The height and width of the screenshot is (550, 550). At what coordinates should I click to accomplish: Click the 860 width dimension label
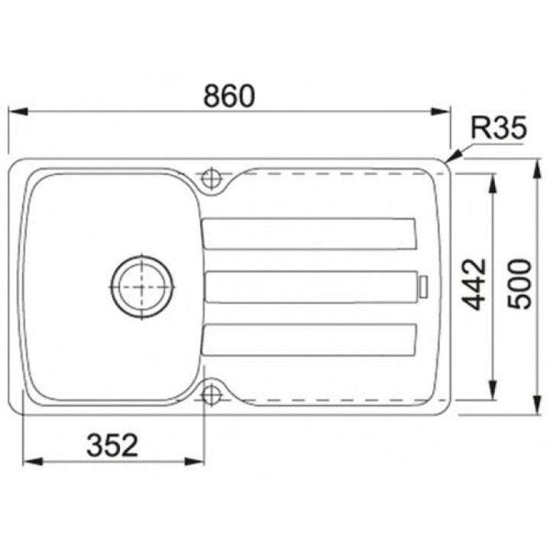[229, 95]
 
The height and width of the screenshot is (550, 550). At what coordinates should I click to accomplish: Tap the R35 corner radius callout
[498, 128]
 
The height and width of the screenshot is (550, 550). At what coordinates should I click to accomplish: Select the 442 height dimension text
[474, 284]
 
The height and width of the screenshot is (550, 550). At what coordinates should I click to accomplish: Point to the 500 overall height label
[520, 284]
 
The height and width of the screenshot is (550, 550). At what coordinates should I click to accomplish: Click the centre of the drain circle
[142, 287]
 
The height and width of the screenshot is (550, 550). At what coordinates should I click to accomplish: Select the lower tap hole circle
[211, 395]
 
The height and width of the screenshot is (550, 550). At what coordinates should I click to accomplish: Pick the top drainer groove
[309, 234]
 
